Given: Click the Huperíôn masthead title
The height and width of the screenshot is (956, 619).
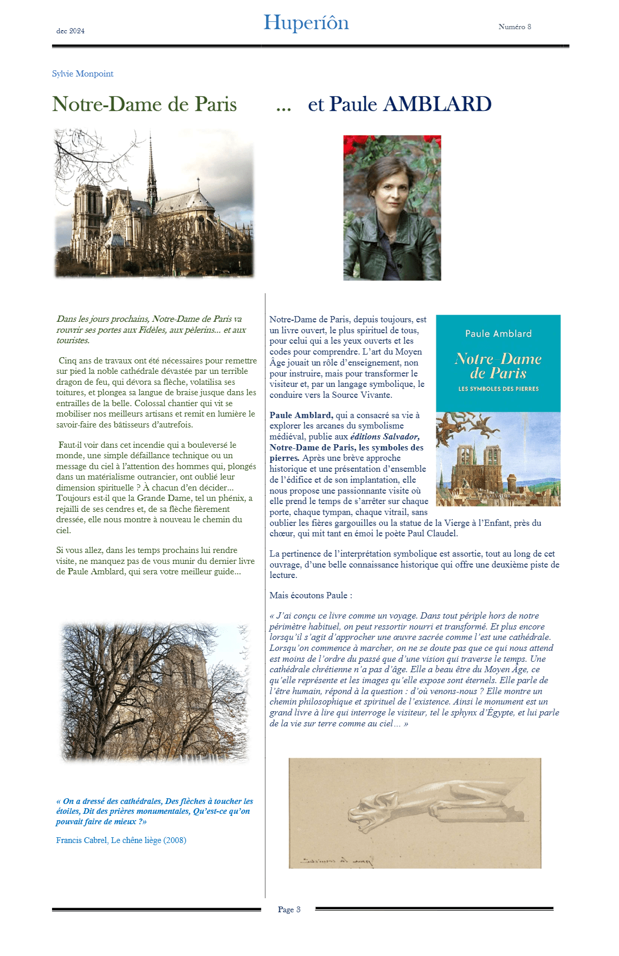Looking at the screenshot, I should [x=306, y=23].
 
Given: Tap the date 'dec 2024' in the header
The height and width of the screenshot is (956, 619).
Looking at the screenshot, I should [x=70, y=31].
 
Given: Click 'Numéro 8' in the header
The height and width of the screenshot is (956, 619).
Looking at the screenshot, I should [x=514, y=27].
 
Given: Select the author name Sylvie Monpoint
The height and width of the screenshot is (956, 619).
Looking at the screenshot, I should [x=82, y=73].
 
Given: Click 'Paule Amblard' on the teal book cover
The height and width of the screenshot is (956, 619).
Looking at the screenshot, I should [x=498, y=334].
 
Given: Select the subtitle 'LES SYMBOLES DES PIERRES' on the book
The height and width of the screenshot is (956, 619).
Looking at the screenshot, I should [x=498, y=389].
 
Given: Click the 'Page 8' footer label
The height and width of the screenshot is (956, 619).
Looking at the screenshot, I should [x=289, y=909].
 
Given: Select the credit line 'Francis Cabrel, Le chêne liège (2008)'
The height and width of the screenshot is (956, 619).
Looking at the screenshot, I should [x=121, y=840].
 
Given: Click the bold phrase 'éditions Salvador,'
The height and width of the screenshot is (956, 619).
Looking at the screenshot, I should [x=385, y=437].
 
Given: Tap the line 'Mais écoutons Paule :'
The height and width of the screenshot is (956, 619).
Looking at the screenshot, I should [x=311, y=595].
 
